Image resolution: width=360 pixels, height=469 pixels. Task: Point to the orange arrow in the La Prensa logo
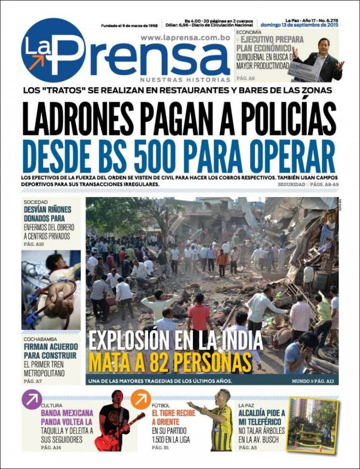pos(36,61)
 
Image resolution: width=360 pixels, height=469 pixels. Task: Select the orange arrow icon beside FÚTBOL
pos(141,399)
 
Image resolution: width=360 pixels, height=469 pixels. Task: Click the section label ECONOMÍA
pos(249,32)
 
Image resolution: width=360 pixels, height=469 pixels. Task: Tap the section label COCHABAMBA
pos(41,339)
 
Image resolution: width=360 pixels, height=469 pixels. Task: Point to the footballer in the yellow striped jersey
pos(222,422)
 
